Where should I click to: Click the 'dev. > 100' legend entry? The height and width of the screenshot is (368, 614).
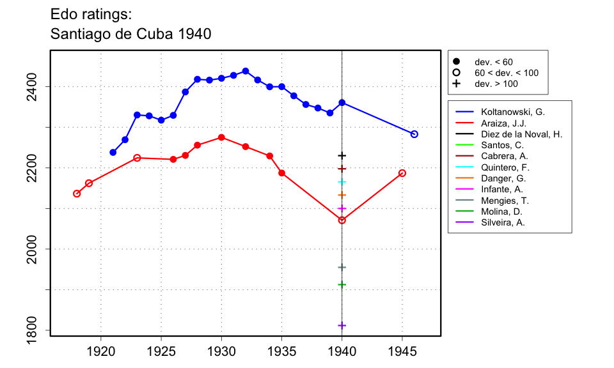click(496, 84)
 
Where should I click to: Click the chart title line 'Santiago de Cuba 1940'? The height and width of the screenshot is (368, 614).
click(131, 34)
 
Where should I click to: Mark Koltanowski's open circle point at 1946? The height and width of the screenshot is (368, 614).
click(414, 134)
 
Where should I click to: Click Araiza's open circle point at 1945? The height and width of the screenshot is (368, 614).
click(402, 173)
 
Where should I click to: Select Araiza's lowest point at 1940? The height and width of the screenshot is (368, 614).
click(342, 220)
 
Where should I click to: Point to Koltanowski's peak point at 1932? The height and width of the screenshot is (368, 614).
click(246, 71)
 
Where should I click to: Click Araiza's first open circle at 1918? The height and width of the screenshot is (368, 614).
click(77, 194)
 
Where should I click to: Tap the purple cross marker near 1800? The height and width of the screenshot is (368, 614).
click(342, 325)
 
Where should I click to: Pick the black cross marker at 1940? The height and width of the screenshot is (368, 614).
click(342, 155)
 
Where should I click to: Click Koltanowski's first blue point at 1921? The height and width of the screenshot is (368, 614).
click(113, 152)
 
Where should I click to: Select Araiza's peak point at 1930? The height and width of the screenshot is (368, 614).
click(221, 137)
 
